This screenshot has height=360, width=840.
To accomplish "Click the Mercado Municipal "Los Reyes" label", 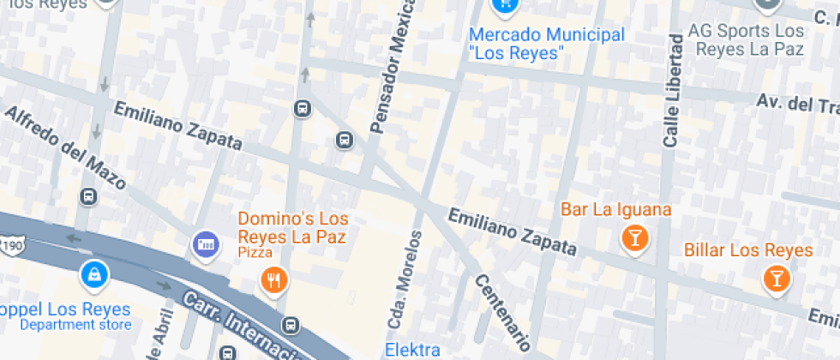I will (x=547, y=44).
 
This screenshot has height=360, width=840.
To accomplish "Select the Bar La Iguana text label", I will (x=615, y=209).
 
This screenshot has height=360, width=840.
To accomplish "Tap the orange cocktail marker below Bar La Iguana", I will (x=634, y=239).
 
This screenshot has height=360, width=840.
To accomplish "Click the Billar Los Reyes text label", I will (x=747, y=250).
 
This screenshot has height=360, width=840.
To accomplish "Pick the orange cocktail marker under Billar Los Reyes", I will (x=776, y=279).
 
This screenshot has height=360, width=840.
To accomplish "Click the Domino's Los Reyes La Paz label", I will (x=292, y=226).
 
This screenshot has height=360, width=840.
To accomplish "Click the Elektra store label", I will (x=412, y=350).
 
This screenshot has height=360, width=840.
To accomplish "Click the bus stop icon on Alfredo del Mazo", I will (x=87, y=196).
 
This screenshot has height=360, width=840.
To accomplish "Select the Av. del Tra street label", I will (x=796, y=102).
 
